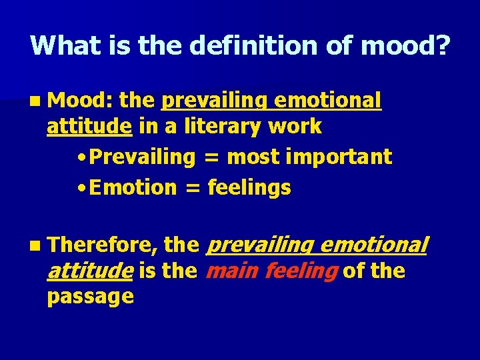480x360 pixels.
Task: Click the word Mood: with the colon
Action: (82, 101)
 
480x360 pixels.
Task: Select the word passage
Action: (90, 297)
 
